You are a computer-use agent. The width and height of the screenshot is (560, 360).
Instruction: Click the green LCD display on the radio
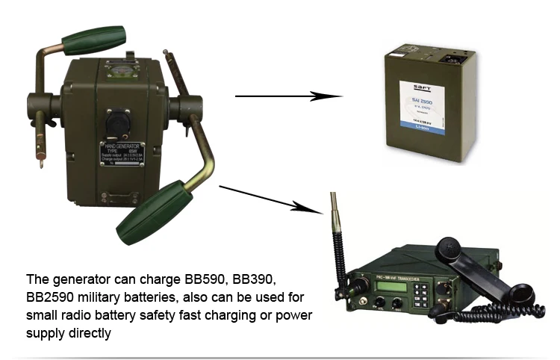point(372,287)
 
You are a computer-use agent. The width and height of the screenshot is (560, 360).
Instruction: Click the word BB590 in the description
point(205,280)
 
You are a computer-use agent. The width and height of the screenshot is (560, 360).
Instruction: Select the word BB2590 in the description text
point(50,298)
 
